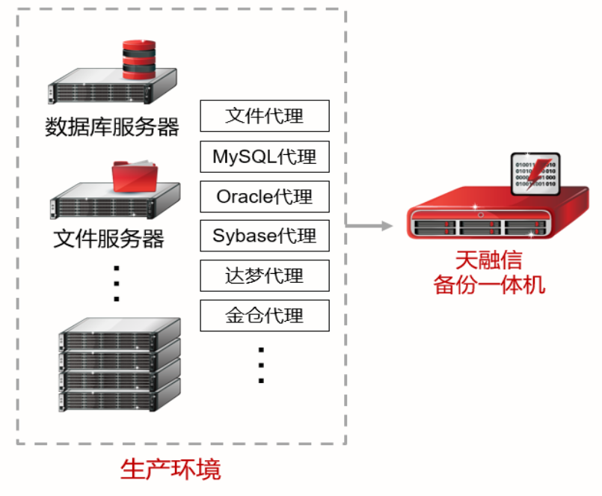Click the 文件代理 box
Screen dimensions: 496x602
click(265, 117)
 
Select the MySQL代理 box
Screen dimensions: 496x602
click(265, 157)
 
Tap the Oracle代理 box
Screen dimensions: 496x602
click(265, 197)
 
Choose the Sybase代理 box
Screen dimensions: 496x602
click(265, 236)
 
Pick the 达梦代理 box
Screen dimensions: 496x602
click(265, 276)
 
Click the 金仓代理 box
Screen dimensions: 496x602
click(265, 316)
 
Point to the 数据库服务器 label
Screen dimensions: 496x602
click(112, 127)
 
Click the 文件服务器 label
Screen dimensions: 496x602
click(109, 239)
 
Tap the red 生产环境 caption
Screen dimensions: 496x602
click(171, 470)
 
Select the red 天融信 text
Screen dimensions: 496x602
click(488, 260)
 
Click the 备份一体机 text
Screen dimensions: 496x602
click(489, 284)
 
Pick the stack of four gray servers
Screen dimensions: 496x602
click(120, 365)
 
